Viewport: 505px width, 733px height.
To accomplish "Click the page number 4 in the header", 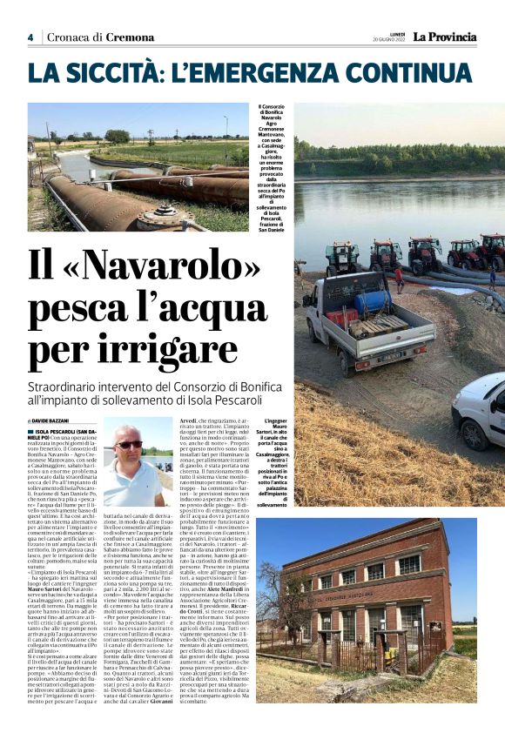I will click(30, 37).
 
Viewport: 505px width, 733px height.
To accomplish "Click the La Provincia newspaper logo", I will click(444, 37).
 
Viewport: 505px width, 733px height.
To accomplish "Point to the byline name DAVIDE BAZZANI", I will click(58, 420).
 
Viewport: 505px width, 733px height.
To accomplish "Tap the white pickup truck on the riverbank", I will click(369, 323).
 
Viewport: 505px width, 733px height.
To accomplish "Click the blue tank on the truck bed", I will click(370, 301).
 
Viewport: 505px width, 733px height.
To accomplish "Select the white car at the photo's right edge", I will click(481, 411).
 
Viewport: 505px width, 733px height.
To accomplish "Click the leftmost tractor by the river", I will click(341, 258).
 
